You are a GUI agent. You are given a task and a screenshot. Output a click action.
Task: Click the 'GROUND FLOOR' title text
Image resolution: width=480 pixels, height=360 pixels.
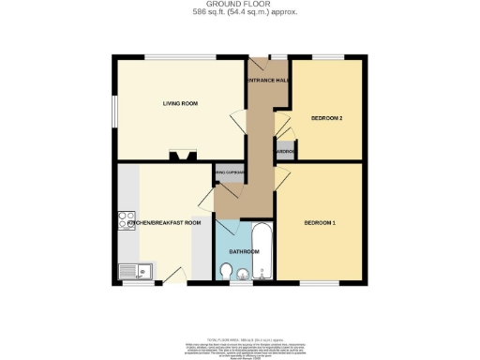click(x=239, y=4)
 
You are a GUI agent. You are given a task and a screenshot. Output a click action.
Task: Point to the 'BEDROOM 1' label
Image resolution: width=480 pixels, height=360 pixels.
click(x=321, y=223)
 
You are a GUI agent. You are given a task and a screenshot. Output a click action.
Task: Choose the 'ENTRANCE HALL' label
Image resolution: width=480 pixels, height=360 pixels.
click(x=267, y=81)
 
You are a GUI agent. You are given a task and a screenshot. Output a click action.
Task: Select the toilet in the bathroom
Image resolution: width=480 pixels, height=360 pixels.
click(x=226, y=271)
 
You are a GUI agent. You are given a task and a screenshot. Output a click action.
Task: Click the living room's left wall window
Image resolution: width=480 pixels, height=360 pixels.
click(x=113, y=110)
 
